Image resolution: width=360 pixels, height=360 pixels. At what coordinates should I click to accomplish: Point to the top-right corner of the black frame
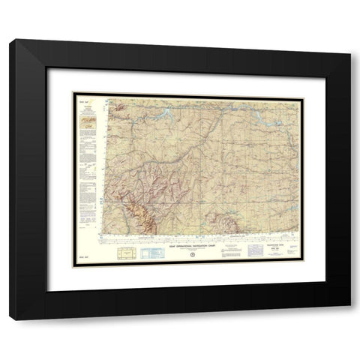(x=349, y=42)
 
